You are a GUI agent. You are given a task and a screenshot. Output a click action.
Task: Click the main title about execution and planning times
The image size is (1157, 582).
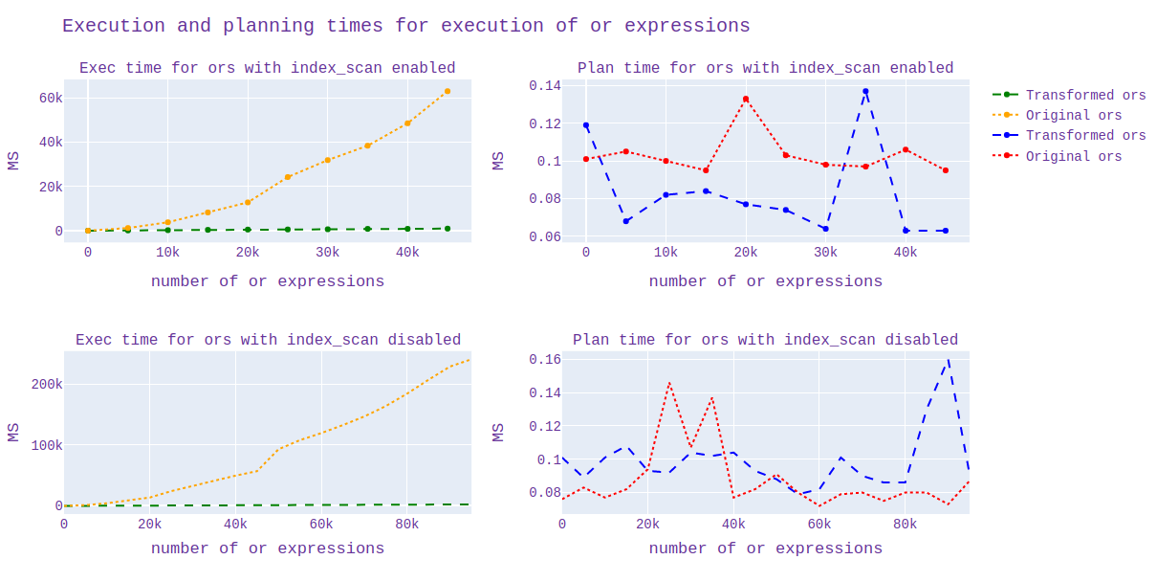point(405,26)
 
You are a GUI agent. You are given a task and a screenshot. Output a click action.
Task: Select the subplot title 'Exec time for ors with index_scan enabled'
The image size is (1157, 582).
point(267,68)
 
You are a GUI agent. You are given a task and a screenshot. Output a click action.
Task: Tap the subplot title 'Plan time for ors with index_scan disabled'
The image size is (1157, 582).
point(765,340)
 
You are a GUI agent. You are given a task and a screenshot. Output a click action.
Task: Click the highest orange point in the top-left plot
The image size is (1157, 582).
point(448,91)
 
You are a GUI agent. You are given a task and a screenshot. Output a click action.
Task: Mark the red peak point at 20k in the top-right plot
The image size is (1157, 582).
point(746,99)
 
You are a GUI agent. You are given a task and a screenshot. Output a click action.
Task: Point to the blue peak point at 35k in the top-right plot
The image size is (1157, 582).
point(865,91)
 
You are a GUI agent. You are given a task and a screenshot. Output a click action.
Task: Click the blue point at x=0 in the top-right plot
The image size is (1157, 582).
point(586,125)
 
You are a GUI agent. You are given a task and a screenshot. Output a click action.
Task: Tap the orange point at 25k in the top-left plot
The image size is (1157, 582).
point(288,177)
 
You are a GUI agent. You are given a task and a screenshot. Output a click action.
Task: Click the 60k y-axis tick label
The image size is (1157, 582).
point(51,98)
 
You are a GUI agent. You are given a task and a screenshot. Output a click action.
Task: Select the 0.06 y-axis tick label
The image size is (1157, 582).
point(545,236)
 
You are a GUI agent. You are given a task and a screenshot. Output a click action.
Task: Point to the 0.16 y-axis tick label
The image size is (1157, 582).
point(545,359)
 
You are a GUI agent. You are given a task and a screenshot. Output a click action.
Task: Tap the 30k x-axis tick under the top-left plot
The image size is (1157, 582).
point(328,253)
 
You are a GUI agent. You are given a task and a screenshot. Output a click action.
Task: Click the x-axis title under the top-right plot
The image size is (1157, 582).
point(765,281)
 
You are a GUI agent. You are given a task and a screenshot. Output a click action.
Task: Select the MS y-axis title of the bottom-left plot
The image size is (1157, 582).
point(13,432)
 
